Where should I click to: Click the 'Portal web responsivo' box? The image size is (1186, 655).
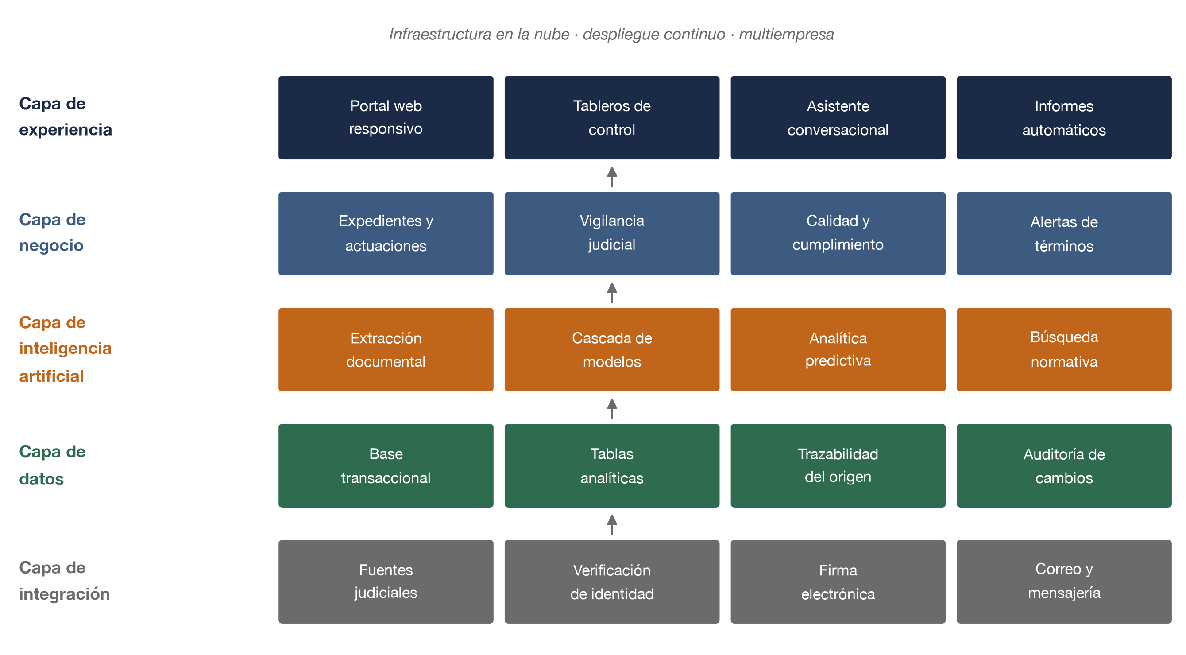click(386, 117)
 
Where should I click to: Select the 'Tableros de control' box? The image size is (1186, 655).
click(612, 117)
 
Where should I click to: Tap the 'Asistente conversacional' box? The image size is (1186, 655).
click(838, 117)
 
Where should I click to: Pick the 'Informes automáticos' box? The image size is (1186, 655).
click(1064, 117)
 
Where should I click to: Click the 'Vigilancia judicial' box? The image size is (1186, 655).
click(612, 233)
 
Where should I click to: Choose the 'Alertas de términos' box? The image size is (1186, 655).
click(1064, 233)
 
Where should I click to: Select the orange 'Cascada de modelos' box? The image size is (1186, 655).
click(612, 349)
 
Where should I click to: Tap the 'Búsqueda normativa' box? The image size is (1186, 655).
click(1064, 349)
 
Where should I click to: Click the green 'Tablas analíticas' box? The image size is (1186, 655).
click(612, 466)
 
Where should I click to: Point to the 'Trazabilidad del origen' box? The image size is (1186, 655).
click(838, 466)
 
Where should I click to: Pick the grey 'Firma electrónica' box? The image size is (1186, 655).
click(838, 582)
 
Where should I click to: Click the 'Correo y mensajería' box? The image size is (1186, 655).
click(1064, 582)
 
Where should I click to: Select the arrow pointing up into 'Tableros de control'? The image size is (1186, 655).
click(612, 177)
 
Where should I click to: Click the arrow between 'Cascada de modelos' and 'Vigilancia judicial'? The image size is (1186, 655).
click(612, 293)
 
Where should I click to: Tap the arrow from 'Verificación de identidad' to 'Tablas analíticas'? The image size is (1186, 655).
click(612, 525)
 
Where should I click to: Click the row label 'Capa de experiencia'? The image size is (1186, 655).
click(66, 116)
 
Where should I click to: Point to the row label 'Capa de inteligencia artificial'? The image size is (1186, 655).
click(66, 349)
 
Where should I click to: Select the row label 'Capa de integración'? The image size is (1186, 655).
click(65, 581)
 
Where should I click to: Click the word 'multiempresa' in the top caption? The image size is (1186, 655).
click(786, 34)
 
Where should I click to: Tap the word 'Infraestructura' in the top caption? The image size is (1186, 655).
click(440, 34)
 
